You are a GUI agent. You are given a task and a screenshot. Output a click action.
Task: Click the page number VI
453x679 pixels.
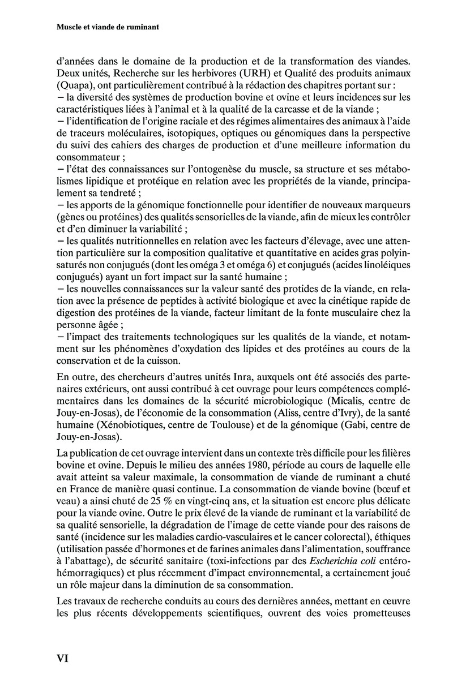click(x=62, y=659)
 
